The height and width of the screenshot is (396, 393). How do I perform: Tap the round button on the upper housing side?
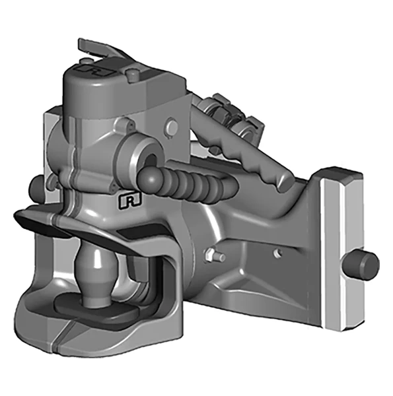click(172, 126)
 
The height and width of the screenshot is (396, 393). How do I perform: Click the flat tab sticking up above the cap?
click(95, 47)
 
